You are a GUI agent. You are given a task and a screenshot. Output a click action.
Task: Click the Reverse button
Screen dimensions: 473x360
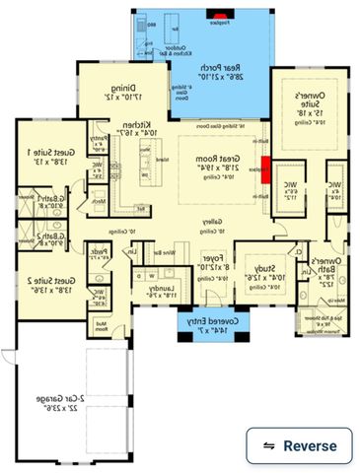[299, 445]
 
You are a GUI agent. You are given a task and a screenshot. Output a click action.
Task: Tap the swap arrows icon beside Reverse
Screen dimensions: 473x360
[268, 445]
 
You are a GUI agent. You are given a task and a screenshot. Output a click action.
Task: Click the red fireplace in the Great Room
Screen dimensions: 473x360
[264, 169]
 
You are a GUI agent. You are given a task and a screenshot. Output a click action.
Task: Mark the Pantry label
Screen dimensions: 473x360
[98, 140]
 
